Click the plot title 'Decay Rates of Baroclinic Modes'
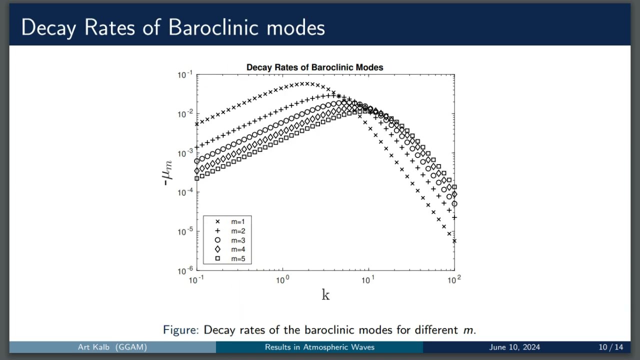(x=314, y=67)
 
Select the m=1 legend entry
(x=237, y=221)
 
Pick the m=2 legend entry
(x=237, y=231)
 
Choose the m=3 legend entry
(x=237, y=240)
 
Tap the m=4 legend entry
(x=237, y=249)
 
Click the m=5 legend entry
(x=237, y=259)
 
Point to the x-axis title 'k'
(x=325, y=295)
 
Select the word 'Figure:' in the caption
(x=181, y=330)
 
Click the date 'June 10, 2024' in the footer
(x=514, y=347)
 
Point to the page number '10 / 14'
(x=611, y=347)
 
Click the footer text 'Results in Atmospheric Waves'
(x=319, y=347)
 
